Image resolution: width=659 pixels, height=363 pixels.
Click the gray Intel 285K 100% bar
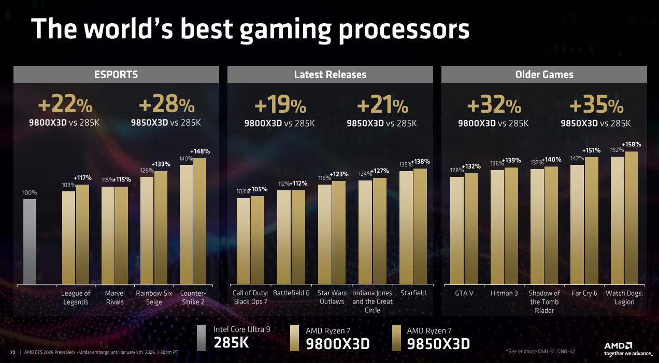tap(30, 241)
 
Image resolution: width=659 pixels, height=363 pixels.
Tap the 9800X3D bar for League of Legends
tap(69, 237)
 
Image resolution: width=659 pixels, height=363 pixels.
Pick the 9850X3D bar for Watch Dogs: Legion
tap(632, 218)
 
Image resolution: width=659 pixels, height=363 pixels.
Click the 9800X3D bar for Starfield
tap(406, 228)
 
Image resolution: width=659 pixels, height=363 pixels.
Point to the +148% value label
tap(200, 152)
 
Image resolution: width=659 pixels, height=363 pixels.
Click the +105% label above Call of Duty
tap(260, 189)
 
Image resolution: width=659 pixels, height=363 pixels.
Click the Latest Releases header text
tap(330, 74)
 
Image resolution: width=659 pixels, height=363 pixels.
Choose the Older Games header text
tap(544, 74)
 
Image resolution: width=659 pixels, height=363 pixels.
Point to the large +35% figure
tap(596, 106)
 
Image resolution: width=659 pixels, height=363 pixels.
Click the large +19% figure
tap(280, 106)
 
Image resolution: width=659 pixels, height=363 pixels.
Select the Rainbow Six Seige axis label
tap(154, 297)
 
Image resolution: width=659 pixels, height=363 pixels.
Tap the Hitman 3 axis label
tap(504, 293)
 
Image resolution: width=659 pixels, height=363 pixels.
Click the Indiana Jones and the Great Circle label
tap(373, 301)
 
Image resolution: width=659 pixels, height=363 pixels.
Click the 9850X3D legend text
tap(438, 343)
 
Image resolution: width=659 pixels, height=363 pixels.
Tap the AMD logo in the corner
tap(618, 346)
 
